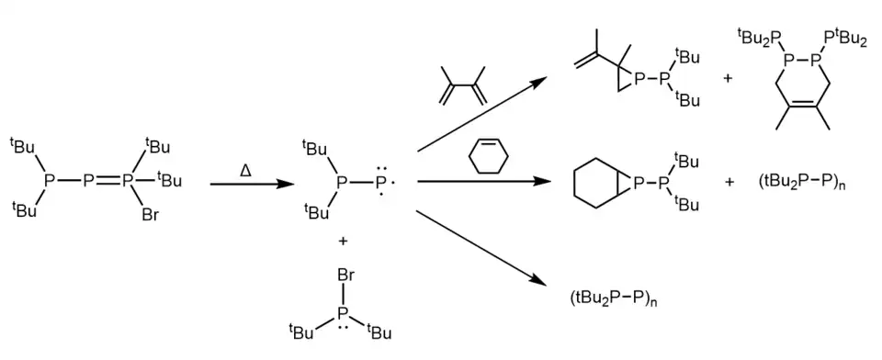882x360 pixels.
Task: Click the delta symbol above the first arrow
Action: click(245, 168)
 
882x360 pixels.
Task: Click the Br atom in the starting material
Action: click(150, 214)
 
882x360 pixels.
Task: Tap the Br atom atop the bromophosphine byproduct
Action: click(345, 276)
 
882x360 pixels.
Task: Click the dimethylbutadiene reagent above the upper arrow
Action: click(462, 85)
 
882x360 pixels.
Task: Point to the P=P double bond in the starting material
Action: click(108, 181)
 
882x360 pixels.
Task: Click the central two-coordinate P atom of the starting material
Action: click(89, 181)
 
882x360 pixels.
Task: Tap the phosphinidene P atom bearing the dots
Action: click(380, 182)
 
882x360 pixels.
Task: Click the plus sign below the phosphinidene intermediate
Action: click(343, 242)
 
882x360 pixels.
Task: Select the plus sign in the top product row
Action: click(728, 79)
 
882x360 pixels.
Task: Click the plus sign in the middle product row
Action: click(729, 182)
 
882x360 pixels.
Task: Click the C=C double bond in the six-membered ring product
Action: click(803, 104)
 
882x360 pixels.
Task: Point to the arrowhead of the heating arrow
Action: click(286, 184)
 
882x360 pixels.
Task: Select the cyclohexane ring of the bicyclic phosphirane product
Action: click(596, 182)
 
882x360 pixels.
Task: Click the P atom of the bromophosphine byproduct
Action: click(345, 313)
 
